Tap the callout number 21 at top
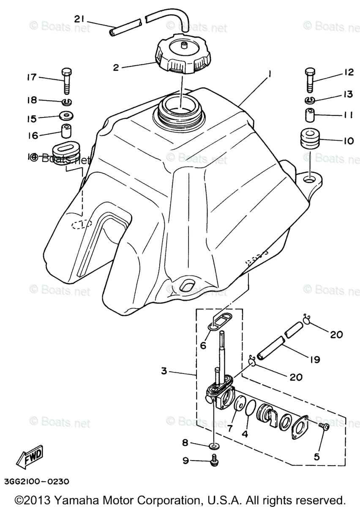tap(80, 19)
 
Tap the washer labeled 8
tap(215, 445)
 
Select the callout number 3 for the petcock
tap(164, 371)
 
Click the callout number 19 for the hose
tap(315, 360)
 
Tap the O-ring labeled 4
tap(250, 410)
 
